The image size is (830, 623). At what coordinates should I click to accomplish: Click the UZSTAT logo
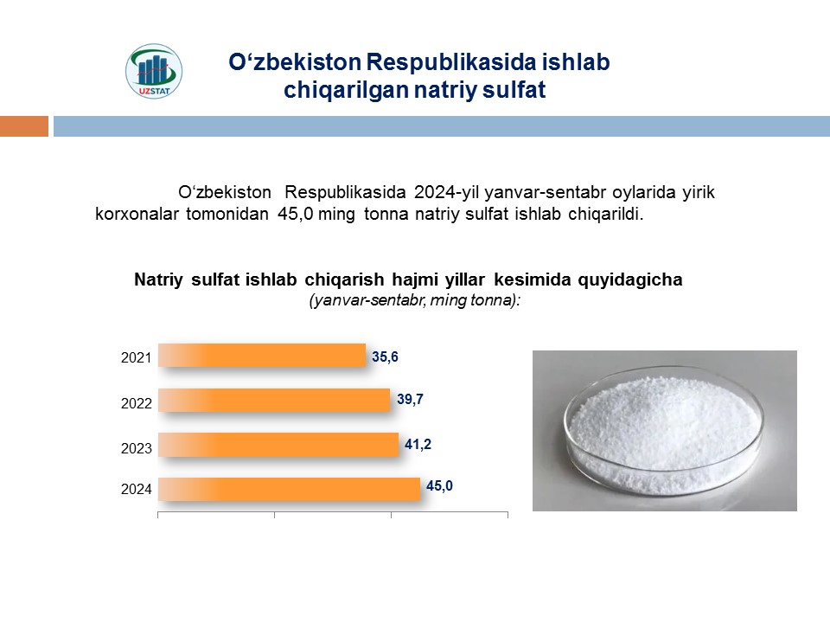[154, 71]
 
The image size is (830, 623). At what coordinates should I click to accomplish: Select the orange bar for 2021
[262, 356]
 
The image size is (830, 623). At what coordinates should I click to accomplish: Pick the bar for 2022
[274, 400]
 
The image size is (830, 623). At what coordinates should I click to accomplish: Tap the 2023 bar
[278, 445]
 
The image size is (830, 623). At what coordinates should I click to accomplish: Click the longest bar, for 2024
[289, 489]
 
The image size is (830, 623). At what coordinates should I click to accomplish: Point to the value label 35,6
[385, 357]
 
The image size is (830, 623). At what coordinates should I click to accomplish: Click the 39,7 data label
[410, 399]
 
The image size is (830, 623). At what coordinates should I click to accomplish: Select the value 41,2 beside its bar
[418, 444]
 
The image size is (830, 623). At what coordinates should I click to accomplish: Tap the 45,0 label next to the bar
[439, 485]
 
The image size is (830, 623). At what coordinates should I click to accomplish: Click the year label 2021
[136, 357]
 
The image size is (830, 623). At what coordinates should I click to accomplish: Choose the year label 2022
[136, 403]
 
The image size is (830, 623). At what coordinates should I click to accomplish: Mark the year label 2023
[136, 448]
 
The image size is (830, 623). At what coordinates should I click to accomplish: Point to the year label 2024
[136, 489]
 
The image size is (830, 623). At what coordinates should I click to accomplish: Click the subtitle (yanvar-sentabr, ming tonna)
[415, 300]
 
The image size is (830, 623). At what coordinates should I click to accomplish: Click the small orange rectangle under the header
[24, 126]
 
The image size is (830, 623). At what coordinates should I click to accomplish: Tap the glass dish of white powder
[664, 430]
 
